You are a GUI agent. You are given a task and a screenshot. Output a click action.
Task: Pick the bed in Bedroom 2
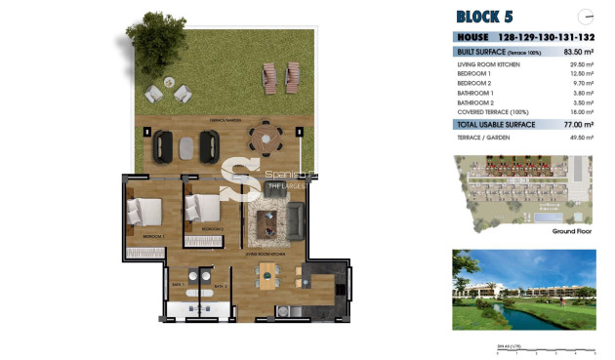[204, 207]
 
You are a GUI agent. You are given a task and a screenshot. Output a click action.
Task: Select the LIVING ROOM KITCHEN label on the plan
[266, 251]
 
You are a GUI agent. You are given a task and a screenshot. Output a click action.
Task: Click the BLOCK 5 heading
[484, 16]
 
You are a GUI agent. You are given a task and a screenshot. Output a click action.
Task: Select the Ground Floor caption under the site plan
[574, 232]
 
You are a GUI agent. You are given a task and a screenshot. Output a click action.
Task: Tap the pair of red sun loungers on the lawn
[278, 73]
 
